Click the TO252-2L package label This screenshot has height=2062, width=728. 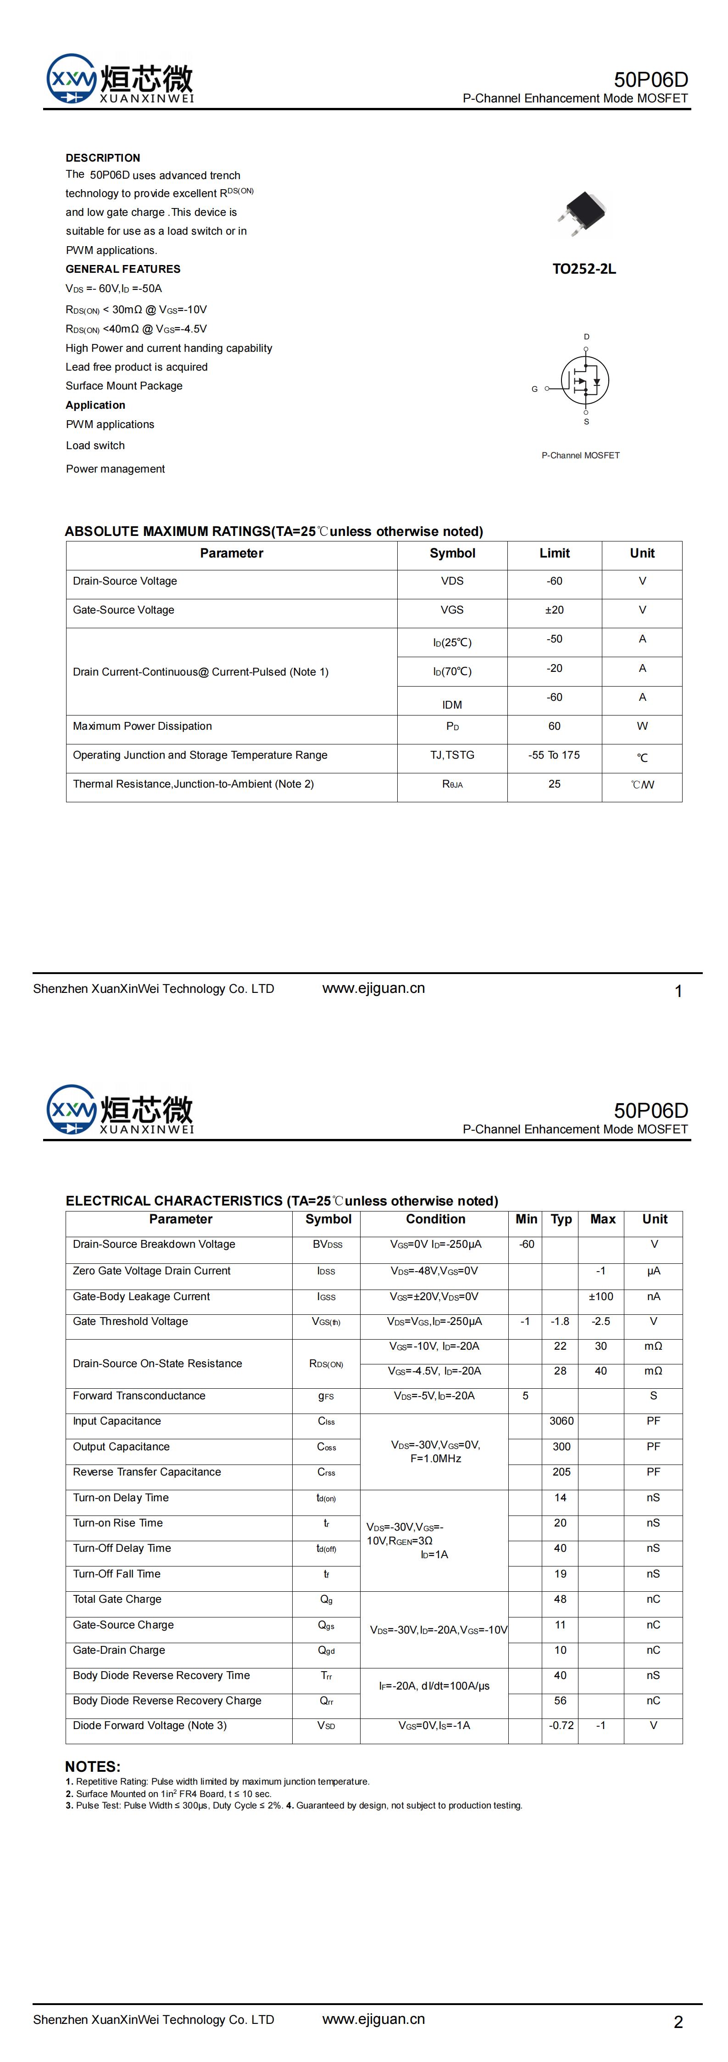(x=584, y=269)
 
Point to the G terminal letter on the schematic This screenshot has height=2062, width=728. (x=534, y=389)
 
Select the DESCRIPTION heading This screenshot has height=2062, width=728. (x=102, y=158)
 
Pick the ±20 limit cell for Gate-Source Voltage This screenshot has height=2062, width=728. (x=555, y=610)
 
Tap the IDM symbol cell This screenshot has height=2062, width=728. (x=452, y=704)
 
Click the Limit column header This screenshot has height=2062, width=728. (x=555, y=553)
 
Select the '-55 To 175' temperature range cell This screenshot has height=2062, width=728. (x=555, y=755)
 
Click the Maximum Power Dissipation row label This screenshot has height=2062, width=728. (x=142, y=726)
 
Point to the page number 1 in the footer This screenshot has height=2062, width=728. (x=678, y=992)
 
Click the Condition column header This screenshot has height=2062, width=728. (x=435, y=1219)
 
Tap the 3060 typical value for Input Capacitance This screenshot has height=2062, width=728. (x=561, y=1421)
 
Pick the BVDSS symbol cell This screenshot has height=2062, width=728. (x=327, y=1244)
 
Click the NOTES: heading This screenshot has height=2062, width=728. (x=93, y=1767)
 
